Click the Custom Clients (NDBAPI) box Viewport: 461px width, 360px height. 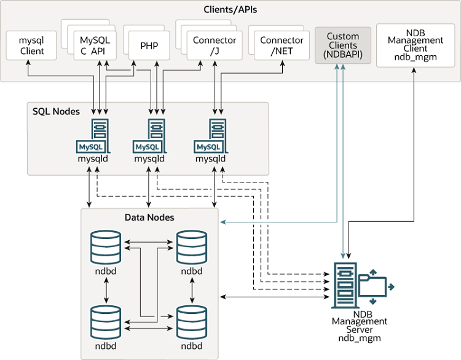pyautogui.click(x=343, y=45)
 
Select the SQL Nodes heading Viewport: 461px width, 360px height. pyautogui.click(x=56, y=111)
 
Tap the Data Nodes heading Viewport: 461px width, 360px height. pyautogui.click(x=149, y=217)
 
